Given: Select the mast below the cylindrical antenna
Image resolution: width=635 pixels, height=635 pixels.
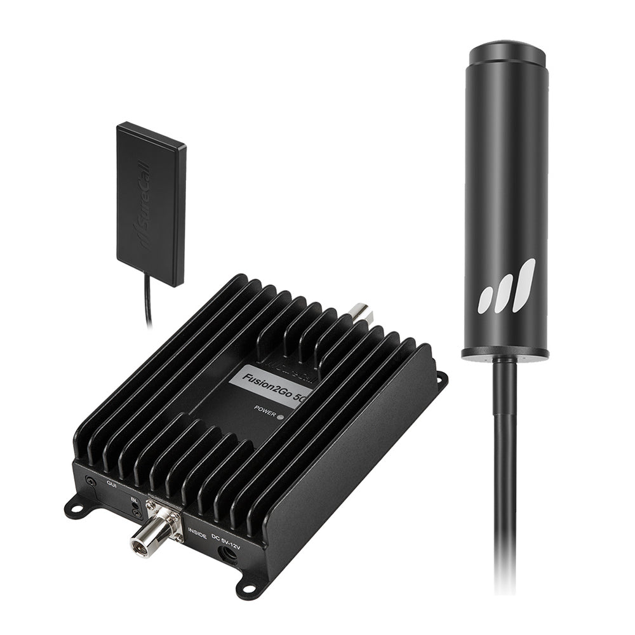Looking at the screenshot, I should (505, 476).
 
